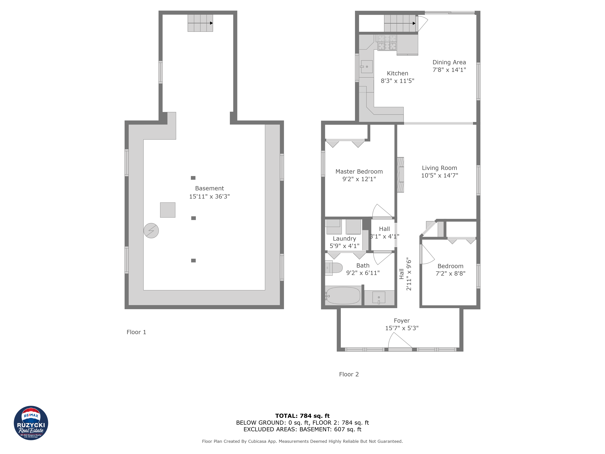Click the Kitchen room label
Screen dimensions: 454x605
click(x=397, y=73)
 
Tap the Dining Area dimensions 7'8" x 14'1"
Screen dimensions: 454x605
click(x=449, y=70)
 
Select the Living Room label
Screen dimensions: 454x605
click(x=439, y=168)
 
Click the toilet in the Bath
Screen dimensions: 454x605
click(x=334, y=268)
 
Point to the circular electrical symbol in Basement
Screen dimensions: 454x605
click(x=151, y=231)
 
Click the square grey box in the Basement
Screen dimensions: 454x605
click(x=168, y=210)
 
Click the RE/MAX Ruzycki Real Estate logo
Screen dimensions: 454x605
click(x=31, y=423)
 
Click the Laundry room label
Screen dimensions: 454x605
click(x=344, y=239)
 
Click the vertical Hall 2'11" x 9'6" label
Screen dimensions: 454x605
click(x=405, y=274)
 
